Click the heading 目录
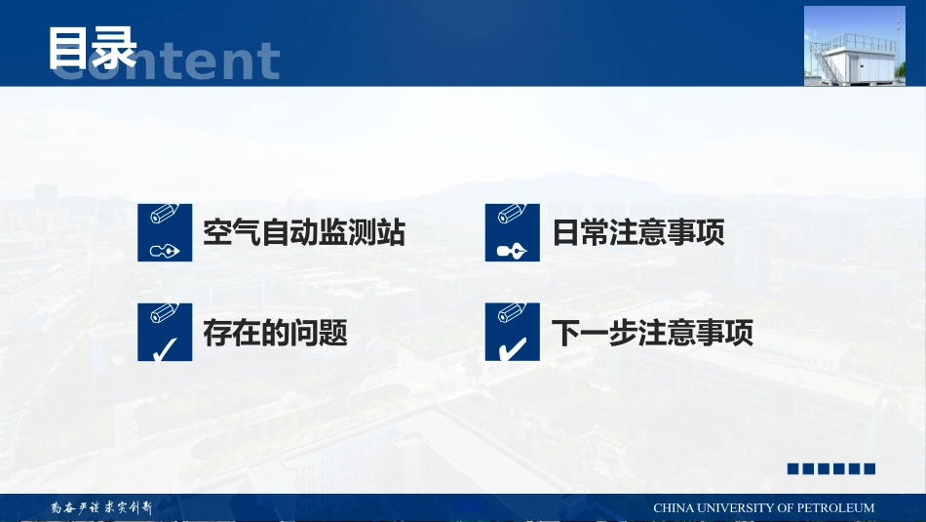tap(93, 48)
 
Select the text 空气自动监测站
tap(303, 233)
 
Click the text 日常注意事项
tap(638, 233)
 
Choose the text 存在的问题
tap(275, 334)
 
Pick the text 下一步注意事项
tap(652, 334)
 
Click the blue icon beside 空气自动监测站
tap(165, 233)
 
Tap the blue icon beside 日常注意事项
tap(512, 233)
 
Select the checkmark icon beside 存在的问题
tap(165, 333)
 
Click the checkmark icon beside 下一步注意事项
tap(512, 333)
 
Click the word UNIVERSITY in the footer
tap(732, 508)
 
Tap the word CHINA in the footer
tap(672, 508)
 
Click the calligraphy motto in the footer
tap(101, 507)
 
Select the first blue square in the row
tap(793, 469)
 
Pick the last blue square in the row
tap(869, 469)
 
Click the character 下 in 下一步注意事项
tap(566, 334)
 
